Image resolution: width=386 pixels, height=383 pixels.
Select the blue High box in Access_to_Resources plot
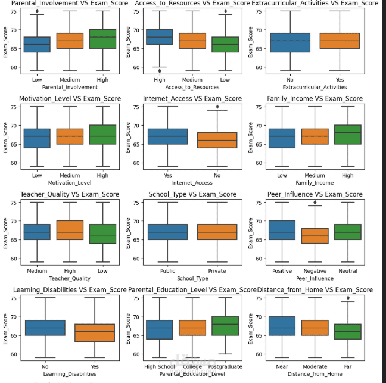click(160, 37)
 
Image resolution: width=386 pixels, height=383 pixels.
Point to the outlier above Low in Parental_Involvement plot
click(37, 11)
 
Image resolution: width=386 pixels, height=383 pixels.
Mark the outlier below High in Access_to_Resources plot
click(160, 71)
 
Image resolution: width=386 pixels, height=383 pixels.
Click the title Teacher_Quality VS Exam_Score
click(67, 195)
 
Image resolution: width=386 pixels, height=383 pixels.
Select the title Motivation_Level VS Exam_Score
click(67, 99)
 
